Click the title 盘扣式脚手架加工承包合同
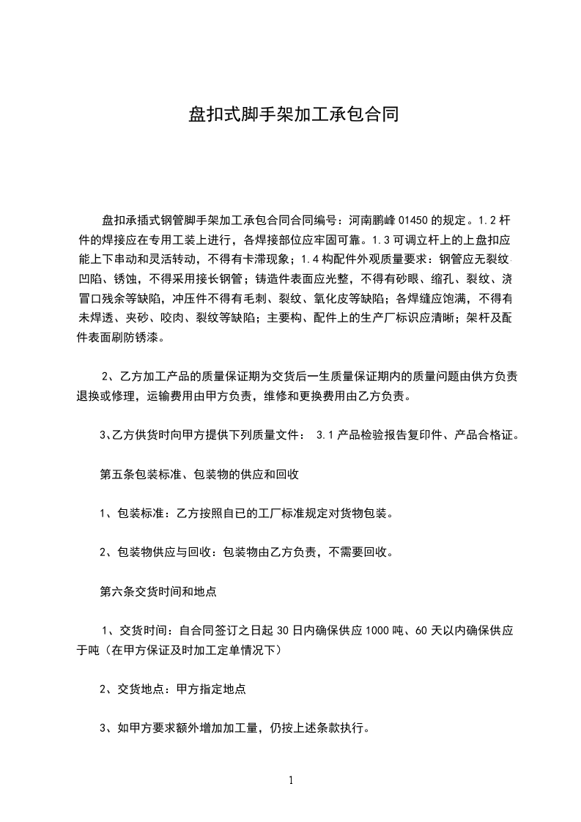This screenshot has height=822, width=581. pyautogui.click(x=293, y=115)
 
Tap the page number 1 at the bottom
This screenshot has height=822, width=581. pyautogui.click(x=291, y=780)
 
